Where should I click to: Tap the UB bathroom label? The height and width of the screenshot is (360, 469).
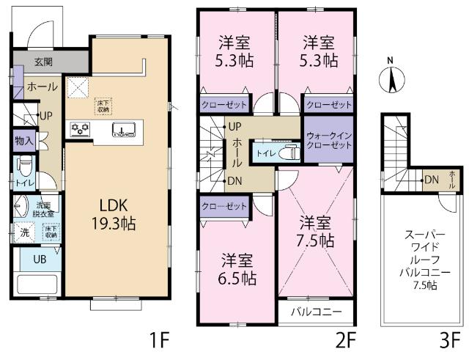tap(26, 258)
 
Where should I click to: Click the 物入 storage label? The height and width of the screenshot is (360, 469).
tap(22, 140)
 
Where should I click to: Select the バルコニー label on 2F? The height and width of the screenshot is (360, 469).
tap(317, 312)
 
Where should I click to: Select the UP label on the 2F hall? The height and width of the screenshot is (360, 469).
tap(235, 126)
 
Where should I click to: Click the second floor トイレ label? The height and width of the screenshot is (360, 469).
tap(264, 154)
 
